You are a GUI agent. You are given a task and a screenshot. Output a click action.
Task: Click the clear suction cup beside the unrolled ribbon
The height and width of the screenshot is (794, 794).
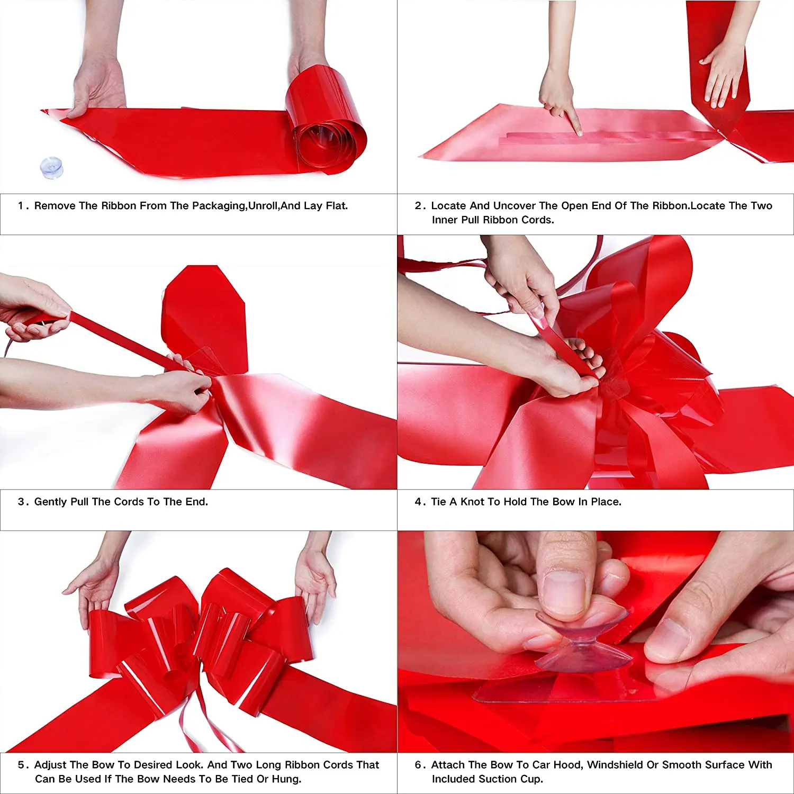point(52,168)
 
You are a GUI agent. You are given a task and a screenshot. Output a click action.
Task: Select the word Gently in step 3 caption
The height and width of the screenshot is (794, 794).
point(51,502)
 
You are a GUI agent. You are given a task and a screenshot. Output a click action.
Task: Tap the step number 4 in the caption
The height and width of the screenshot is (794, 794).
point(418,502)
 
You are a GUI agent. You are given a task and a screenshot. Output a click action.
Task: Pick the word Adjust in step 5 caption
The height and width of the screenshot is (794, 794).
point(50,765)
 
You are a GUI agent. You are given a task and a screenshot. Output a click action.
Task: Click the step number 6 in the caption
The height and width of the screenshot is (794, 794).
point(418,765)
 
